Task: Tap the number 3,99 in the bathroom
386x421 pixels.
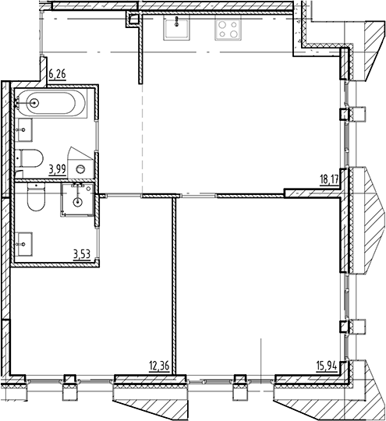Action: tap(57, 168)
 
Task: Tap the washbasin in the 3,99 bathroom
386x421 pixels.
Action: tap(24, 129)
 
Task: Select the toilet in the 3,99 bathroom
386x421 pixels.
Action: tap(30, 158)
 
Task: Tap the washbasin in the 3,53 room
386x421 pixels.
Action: tap(24, 242)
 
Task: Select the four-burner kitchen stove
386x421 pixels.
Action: tap(228, 30)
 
